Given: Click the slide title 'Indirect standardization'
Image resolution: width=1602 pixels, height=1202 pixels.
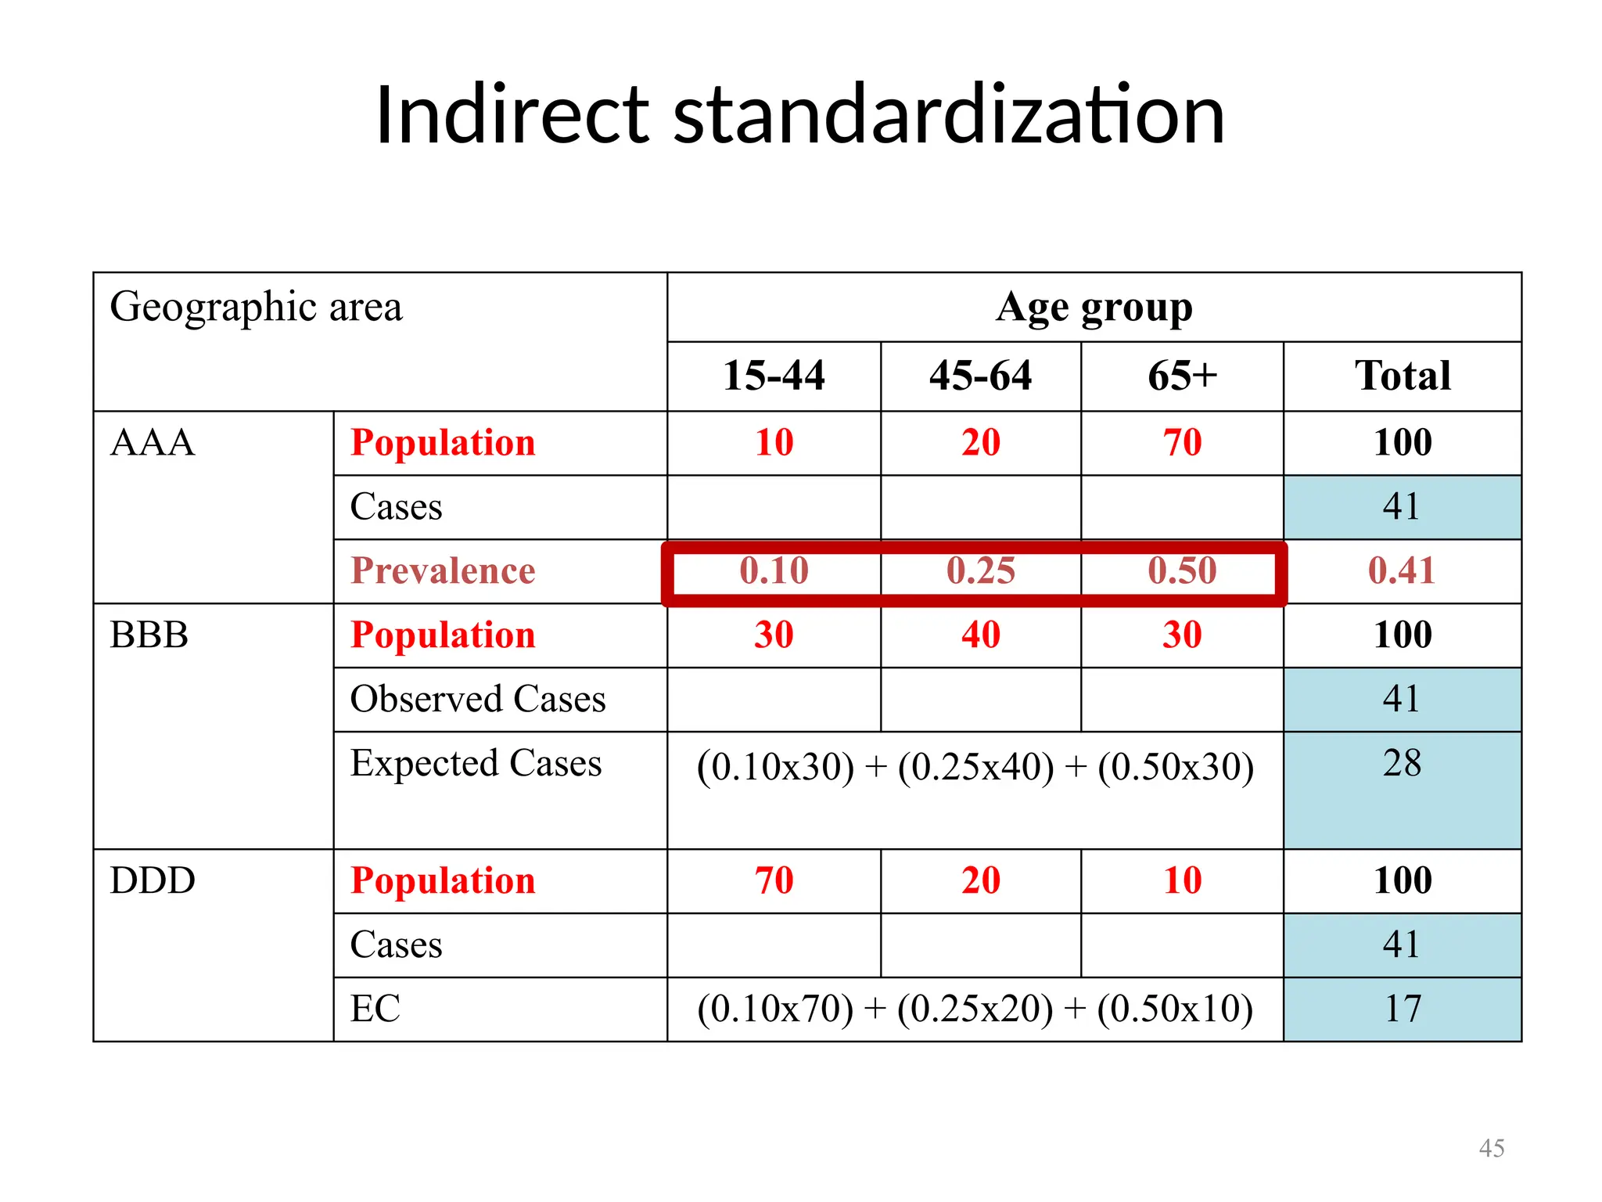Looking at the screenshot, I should pyautogui.click(x=799, y=116).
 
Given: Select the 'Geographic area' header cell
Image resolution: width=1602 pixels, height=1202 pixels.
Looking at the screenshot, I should pyautogui.click(x=256, y=307).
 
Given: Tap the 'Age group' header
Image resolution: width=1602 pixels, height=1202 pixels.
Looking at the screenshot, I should pyautogui.click(x=1094, y=308).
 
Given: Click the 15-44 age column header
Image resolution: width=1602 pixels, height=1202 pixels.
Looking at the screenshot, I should pyautogui.click(x=774, y=376).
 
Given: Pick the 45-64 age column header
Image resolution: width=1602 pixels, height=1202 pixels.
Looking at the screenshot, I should pyautogui.click(x=980, y=376).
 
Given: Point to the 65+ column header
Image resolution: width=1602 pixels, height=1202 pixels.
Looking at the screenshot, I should pyautogui.click(x=1182, y=376).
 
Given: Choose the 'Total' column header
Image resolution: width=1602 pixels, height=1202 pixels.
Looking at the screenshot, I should pyautogui.click(x=1403, y=376).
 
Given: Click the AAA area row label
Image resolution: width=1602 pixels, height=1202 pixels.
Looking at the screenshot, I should pyautogui.click(x=152, y=443).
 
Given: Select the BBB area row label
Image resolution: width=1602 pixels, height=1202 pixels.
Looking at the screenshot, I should pyautogui.click(x=149, y=635).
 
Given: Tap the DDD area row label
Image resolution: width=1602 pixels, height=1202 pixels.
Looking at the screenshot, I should pyautogui.click(x=153, y=880).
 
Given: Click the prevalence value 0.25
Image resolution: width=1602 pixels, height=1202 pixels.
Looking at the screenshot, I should pyautogui.click(x=980, y=570).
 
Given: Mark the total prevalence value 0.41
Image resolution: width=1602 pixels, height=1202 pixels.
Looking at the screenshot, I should pyautogui.click(x=1402, y=570).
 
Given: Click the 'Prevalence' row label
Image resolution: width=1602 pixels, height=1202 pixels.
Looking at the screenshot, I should pyautogui.click(x=443, y=570).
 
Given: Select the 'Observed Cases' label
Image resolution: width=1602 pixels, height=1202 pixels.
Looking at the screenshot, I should pyautogui.click(x=477, y=699).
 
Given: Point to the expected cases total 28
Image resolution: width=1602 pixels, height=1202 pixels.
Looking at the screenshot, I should pyautogui.click(x=1402, y=763).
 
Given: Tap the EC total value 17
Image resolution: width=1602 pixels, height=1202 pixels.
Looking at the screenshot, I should pyautogui.click(x=1402, y=1009).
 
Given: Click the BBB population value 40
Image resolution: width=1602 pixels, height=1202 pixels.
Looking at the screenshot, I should pyautogui.click(x=980, y=635).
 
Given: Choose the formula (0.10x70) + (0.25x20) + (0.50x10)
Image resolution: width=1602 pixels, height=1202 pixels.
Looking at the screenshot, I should pyautogui.click(x=975, y=1009).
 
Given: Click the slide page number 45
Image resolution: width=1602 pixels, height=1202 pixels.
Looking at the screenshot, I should pyautogui.click(x=1491, y=1148).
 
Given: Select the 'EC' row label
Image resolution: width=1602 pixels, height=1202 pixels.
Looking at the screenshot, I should pyautogui.click(x=375, y=1009).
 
